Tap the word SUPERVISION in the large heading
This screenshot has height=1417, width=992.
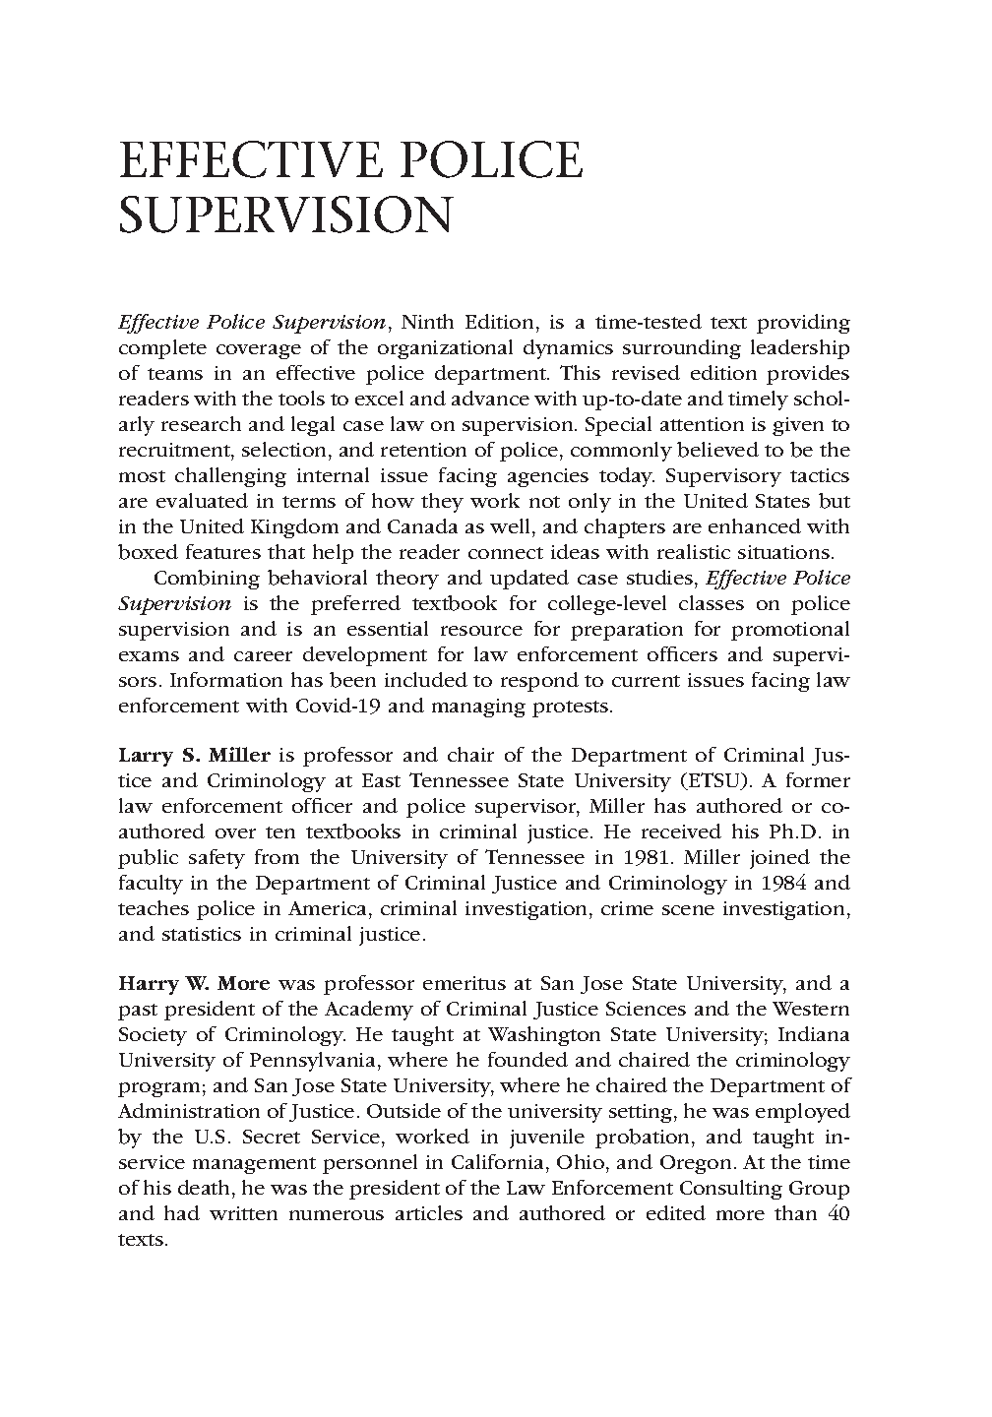[284, 216]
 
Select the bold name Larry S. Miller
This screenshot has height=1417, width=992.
[194, 756]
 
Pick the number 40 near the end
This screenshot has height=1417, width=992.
[839, 1213]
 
